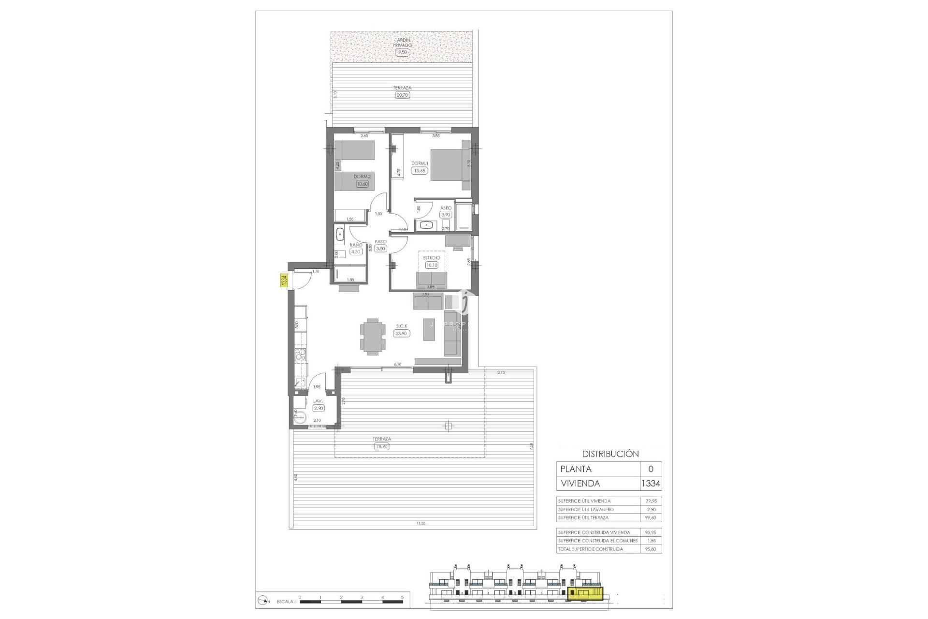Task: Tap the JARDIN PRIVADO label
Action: pos(403,43)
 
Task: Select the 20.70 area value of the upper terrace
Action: pos(402,95)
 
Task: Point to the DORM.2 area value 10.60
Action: pos(361,184)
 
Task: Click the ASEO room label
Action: pos(446,208)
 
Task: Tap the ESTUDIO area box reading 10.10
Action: pos(432,265)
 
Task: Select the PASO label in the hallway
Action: pos(381,241)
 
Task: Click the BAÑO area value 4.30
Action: pos(356,251)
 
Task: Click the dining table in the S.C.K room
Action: pos(373,337)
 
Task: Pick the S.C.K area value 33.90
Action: pos(402,333)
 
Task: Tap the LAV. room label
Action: pos(318,401)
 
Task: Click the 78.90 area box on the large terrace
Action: pos(382,446)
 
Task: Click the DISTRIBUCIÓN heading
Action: pos(610,454)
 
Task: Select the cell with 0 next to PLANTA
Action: pos(651,469)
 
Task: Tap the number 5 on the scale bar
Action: pos(402,597)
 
